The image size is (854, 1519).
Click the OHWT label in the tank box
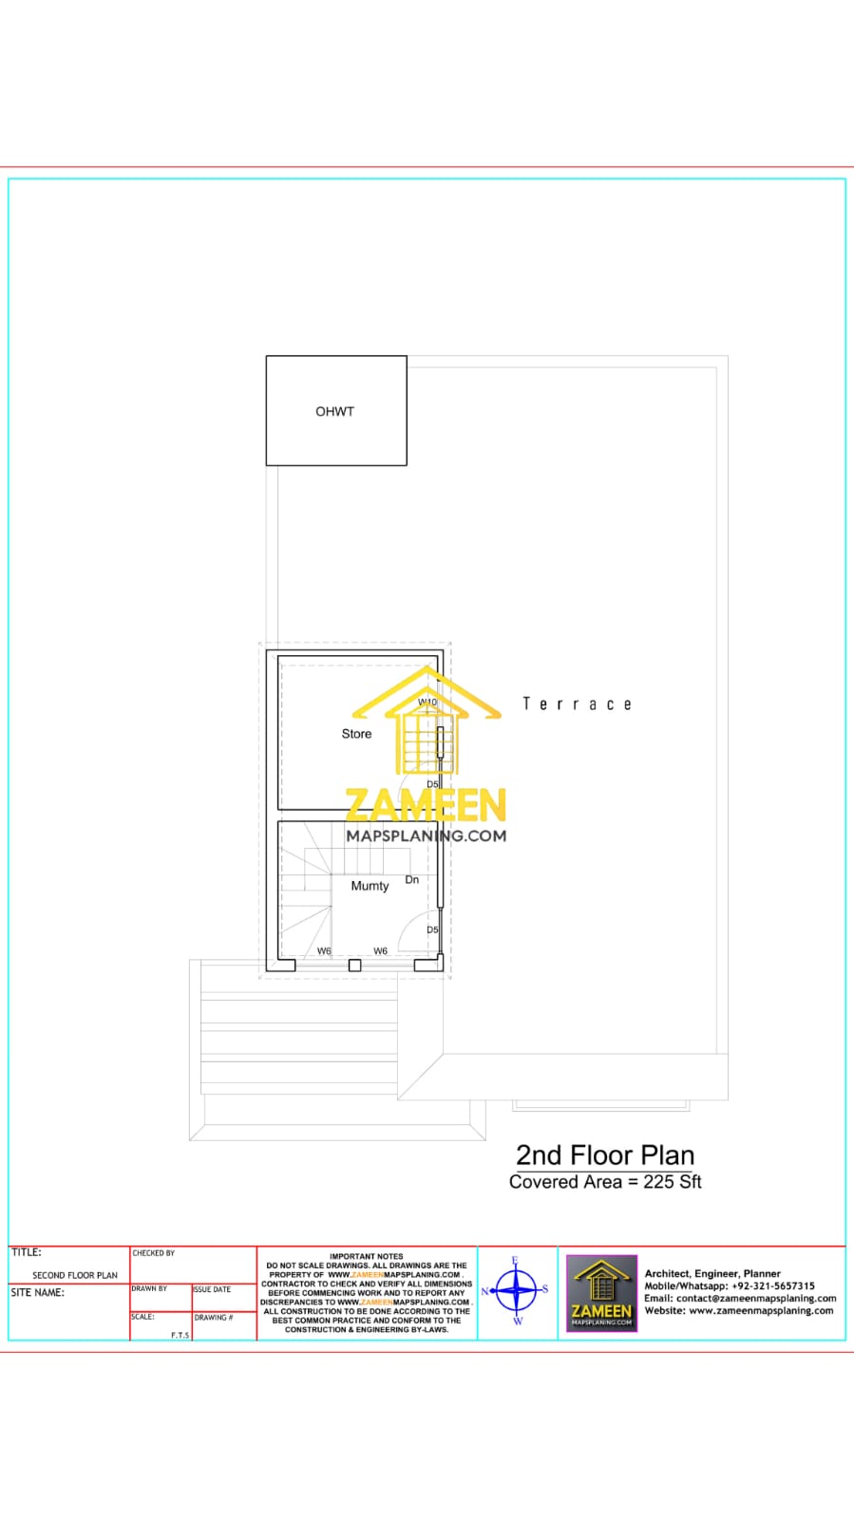[x=334, y=411]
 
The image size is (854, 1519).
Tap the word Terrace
[x=577, y=704]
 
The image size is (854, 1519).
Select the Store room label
[x=356, y=734]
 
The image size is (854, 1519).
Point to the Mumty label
[x=370, y=886]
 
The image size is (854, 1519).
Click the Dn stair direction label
[x=412, y=880]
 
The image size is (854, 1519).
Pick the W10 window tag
[x=427, y=703]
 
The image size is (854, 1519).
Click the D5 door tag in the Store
[x=432, y=784]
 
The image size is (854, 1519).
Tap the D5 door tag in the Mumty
[x=432, y=930]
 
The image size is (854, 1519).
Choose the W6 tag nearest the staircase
[x=324, y=951]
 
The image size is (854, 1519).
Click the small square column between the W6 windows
[x=354, y=966]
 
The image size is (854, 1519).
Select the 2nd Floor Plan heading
[x=605, y=1155]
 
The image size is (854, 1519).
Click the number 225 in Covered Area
[x=658, y=1182]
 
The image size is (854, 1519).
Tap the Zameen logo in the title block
[x=601, y=1293]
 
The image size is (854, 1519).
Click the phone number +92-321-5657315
[x=773, y=1286]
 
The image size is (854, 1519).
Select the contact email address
[x=756, y=1299]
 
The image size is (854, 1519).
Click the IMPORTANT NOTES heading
[x=367, y=1256]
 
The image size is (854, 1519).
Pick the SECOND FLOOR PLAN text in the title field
[x=75, y=1275]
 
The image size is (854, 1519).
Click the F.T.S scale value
[x=180, y=1335]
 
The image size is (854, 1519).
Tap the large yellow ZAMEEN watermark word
[x=426, y=806]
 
